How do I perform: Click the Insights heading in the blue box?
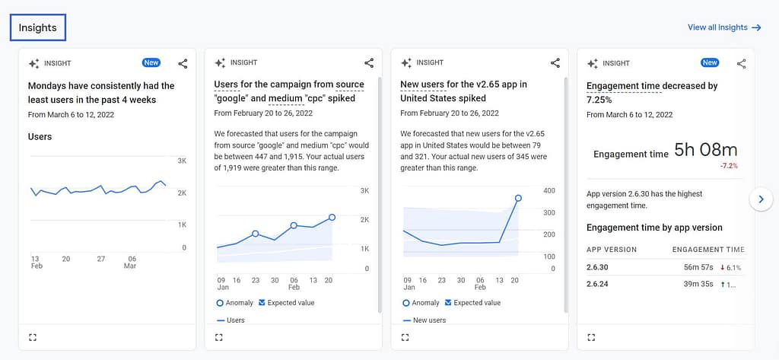(x=38, y=27)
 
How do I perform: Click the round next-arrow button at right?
(x=761, y=199)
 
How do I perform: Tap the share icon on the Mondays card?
(x=183, y=64)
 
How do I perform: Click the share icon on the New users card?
(x=555, y=63)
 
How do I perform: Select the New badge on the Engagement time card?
(x=709, y=63)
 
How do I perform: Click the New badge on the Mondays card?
(x=151, y=63)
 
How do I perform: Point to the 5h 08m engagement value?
(x=705, y=151)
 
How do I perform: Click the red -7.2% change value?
(x=728, y=166)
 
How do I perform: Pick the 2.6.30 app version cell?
(x=599, y=267)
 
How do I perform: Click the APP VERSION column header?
(x=612, y=250)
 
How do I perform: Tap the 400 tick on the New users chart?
(x=548, y=191)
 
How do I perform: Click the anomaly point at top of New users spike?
(x=518, y=198)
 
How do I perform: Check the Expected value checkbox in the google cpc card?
(x=262, y=303)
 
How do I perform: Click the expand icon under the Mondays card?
(x=33, y=337)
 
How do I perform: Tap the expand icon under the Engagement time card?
(x=591, y=337)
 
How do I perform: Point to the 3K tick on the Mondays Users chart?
(x=182, y=161)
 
